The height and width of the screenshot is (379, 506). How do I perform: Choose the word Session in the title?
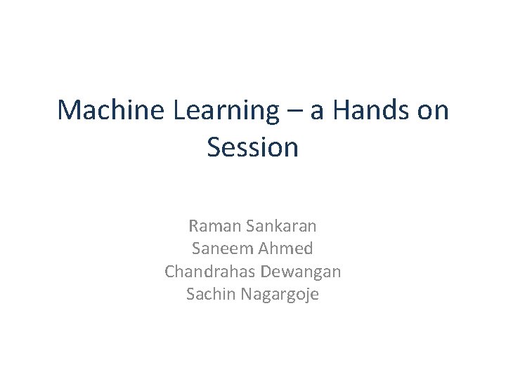253,147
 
